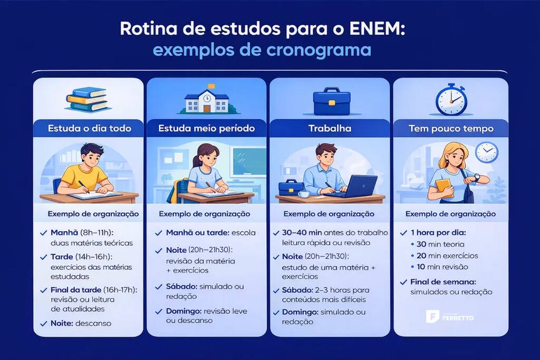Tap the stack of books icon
tap(86, 99)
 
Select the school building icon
tap(207, 100)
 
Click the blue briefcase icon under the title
tap(332, 101)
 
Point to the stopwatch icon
tap(451, 99)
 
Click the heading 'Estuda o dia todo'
tap(88, 128)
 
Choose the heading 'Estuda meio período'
tap(207, 128)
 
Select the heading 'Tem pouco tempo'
tap(451, 128)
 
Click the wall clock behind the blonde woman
tap(486, 152)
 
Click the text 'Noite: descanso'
tap(81, 323)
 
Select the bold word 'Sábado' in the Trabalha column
tap(296, 290)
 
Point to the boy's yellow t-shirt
tap(84, 176)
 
